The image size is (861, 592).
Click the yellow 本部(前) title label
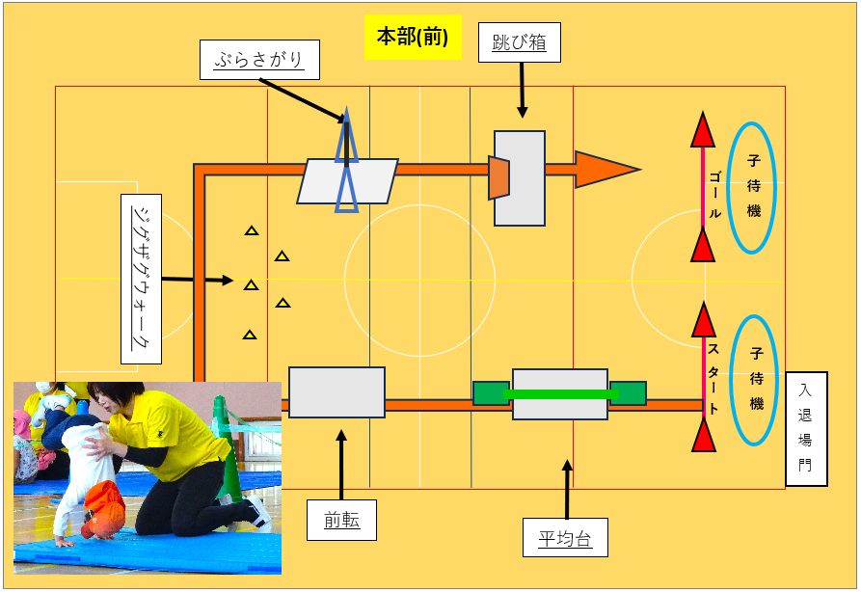[x=413, y=38]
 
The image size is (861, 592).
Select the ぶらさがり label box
[x=258, y=61]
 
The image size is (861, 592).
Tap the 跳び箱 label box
[x=519, y=42]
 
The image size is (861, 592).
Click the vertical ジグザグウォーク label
[x=142, y=279]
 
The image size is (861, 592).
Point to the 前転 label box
[x=342, y=520]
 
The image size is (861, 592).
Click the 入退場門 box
[x=806, y=428]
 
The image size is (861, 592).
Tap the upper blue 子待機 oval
[x=754, y=187]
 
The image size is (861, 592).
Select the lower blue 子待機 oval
[x=754, y=380]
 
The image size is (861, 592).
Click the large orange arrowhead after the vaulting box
[x=604, y=169]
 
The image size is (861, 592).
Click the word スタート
[x=713, y=378]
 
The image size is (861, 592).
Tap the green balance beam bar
[x=559, y=393]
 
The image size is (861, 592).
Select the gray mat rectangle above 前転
[x=336, y=391]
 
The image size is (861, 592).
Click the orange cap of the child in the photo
[x=103, y=507]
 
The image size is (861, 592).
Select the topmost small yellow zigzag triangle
[x=252, y=230]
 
